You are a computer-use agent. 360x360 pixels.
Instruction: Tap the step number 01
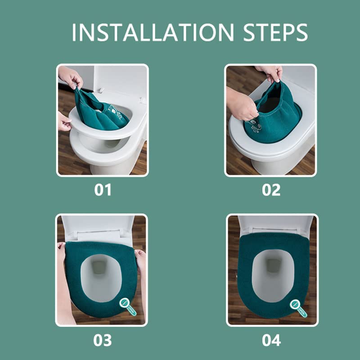point(103,190)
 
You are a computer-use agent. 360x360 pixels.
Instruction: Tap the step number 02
point(271,190)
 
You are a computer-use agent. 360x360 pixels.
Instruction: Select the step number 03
point(103,340)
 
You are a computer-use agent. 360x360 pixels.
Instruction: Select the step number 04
point(271,340)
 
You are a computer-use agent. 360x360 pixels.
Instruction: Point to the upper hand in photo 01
point(71,76)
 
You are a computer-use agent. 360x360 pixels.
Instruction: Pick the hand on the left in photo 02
point(241,106)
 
